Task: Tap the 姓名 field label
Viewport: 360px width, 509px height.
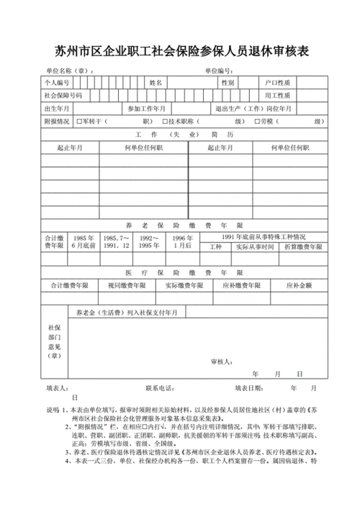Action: [156, 84]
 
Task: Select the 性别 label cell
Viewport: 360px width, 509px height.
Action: [228, 84]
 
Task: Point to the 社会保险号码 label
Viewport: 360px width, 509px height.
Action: [63, 96]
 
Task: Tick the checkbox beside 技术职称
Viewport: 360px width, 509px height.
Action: [165, 122]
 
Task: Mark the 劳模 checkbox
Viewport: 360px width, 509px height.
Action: [257, 122]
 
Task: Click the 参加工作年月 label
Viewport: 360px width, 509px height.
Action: [146, 109]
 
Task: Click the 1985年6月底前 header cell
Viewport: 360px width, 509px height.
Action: [84, 242]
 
